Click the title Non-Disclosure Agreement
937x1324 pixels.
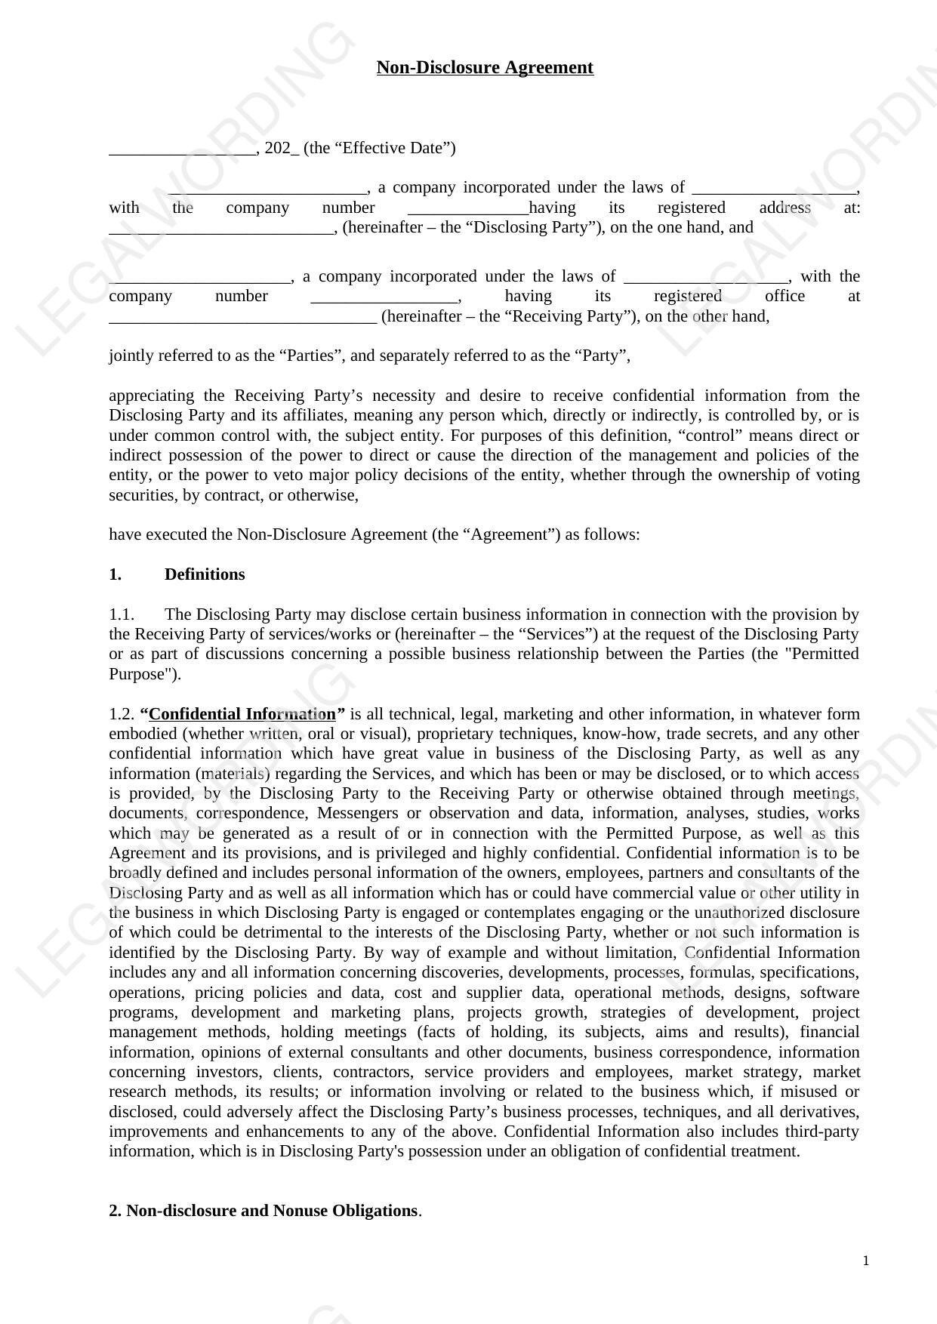click(485, 68)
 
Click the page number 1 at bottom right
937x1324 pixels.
click(866, 1261)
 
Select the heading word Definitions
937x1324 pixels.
click(205, 574)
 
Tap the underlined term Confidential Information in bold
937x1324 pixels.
click(242, 714)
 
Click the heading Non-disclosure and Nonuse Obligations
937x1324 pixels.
click(271, 1211)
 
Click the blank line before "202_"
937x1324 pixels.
click(183, 149)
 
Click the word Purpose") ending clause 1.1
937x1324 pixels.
click(145, 674)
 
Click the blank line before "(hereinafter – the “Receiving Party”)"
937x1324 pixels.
click(242, 318)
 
